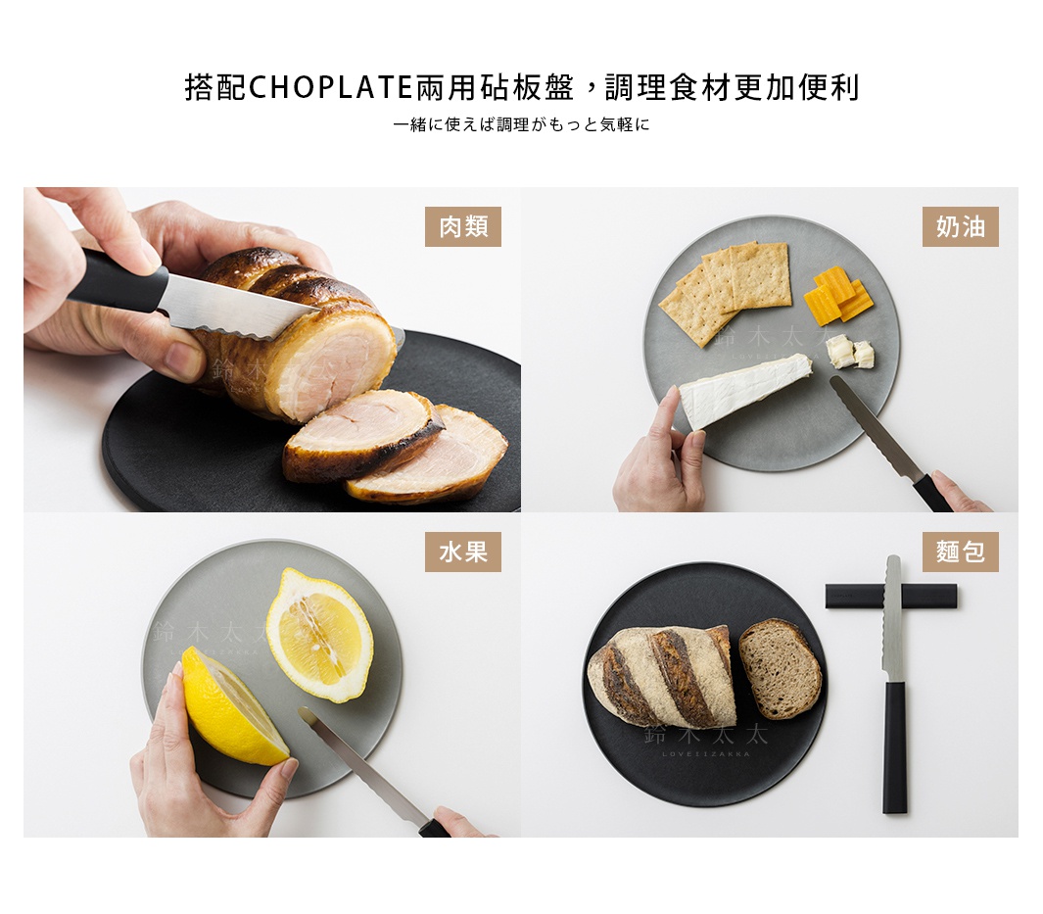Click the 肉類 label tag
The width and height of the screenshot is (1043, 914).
463,227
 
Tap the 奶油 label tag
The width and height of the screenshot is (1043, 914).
960,227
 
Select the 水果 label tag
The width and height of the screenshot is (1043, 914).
463,553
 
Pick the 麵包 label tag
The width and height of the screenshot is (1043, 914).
960,553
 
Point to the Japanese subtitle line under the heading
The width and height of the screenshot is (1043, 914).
521,125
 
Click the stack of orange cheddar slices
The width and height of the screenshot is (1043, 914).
838,295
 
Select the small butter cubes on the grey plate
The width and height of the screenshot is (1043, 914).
848,353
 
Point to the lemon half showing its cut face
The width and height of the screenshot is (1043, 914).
319,635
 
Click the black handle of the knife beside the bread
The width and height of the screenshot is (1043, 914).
894,747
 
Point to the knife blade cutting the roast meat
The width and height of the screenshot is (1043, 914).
235,308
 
